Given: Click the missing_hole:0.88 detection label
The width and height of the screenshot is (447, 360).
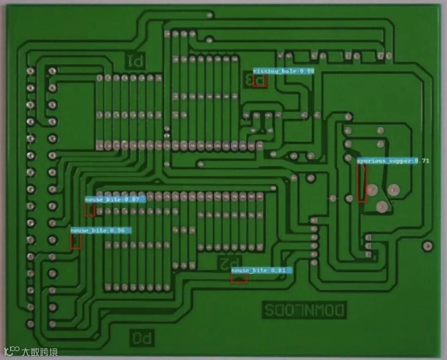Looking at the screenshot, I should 284,71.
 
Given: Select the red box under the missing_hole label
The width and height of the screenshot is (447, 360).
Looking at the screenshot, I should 260,80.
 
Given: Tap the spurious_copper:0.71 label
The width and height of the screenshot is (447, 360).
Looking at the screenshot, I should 393,161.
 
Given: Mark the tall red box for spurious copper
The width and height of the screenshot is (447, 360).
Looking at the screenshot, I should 362,183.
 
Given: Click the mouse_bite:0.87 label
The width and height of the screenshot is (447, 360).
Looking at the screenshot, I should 115,200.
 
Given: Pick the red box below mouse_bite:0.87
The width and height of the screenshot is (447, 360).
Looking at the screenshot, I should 90,210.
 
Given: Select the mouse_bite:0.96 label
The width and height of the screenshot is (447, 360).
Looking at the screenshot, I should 101,230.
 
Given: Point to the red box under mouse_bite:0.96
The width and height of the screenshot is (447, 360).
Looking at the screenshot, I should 75,242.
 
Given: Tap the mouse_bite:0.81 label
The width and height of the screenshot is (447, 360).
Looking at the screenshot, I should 262,271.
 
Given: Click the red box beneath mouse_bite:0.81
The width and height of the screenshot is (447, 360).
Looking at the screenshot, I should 239,278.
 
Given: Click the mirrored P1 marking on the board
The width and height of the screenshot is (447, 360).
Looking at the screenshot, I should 135,61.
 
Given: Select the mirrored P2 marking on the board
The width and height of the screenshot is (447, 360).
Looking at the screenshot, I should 229,262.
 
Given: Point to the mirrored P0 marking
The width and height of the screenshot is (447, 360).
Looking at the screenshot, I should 143,338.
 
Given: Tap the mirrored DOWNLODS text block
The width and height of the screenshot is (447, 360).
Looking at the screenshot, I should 304,310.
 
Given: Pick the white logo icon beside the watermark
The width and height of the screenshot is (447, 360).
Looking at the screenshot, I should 12,351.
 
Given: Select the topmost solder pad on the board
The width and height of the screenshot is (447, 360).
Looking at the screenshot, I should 210,15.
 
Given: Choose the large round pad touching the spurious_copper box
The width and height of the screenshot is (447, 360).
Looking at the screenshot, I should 372,190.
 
